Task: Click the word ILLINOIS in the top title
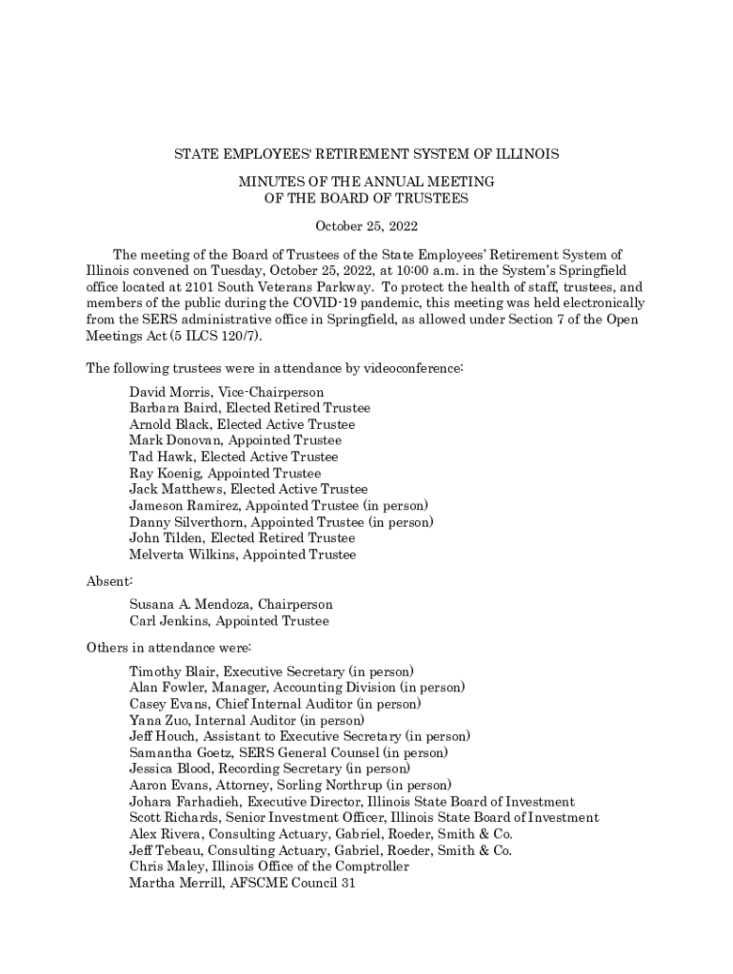(x=529, y=153)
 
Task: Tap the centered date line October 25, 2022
(x=366, y=226)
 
